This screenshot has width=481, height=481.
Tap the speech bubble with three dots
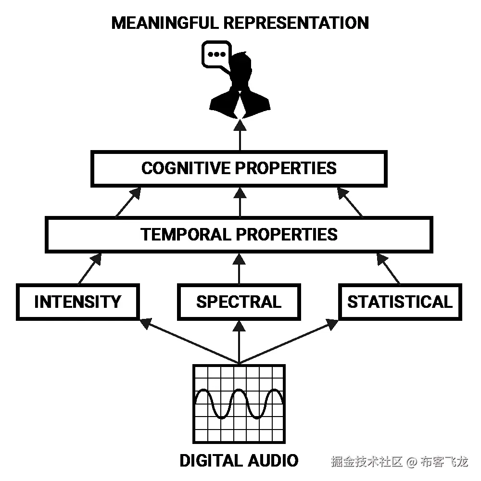click(x=215, y=55)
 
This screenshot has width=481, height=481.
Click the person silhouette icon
click(x=240, y=89)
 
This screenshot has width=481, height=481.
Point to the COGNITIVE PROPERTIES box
click(x=239, y=168)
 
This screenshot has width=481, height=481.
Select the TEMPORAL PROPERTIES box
click(x=239, y=234)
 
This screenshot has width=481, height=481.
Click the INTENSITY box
click(x=77, y=302)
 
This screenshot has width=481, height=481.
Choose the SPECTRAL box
click(x=239, y=302)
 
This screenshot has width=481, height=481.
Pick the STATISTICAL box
click(x=400, y=302)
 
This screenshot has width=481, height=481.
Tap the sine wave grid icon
click(x=239, y=404)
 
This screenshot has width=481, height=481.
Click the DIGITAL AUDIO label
click(x=239, y=460)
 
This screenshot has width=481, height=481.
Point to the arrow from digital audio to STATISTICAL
click(x=289, y=341)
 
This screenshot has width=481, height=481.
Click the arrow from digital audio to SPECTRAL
click(x=239, y=342)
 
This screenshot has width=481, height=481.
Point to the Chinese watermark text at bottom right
click(x=399, y=462)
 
